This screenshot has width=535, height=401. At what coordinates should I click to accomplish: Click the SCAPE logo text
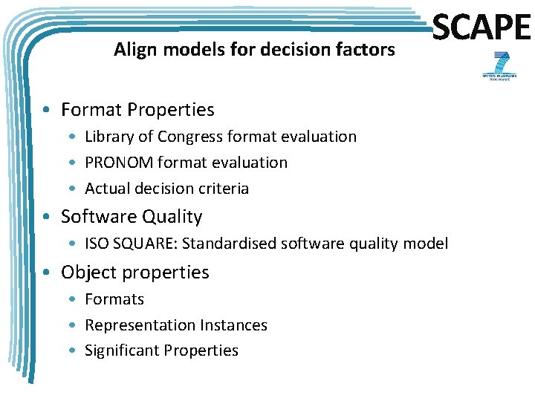pos(481,29)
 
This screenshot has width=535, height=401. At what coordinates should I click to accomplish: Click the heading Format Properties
pos(137,110)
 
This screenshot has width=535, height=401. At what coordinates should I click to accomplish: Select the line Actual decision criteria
pos(166,189)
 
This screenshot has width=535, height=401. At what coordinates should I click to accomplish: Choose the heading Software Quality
pos(132,217)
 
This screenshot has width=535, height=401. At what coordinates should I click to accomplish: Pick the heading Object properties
pos(135,273)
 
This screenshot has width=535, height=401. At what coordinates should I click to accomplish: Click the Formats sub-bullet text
pos(114,299)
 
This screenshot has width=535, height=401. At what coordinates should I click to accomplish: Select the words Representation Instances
pos(176,325)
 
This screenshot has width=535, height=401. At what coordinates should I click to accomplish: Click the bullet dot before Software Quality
pos(48,218)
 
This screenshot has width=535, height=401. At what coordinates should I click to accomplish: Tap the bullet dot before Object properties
pos(48,273)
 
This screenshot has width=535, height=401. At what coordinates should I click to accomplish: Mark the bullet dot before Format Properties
pos(48,111)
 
